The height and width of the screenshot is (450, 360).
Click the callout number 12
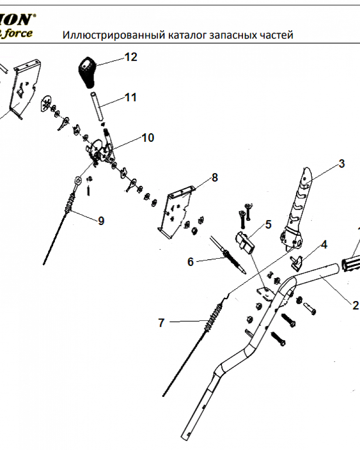pyautogui.click(x=131, y=57)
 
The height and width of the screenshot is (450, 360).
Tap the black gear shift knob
pyautogui.click(x=86, y=72)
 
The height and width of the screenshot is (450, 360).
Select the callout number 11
pyautogui.click(x=130, y=97)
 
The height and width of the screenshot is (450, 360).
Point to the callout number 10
pyautogui.click(x=148, y=138)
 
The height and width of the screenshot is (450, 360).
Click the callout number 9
pyautogui.click(x=101, y=220)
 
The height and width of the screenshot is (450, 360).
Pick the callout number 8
pyautogui.click(x=215, y=178)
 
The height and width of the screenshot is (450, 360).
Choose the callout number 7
pyautogui.click(x=162, y=323)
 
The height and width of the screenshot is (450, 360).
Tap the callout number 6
pyautogui.click(x=190, y=262)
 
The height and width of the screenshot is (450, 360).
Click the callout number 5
pyautogui.click(x=268, y=224)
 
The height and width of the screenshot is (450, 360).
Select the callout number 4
pyautogui.click(x=324, y=245)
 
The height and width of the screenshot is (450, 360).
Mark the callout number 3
pyautogui.click(x=342, y=163)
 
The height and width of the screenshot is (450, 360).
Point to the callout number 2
pyautogui.click(x=355, y=306)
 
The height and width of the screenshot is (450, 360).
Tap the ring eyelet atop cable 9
pyautogui.click(x=79, y=180)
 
